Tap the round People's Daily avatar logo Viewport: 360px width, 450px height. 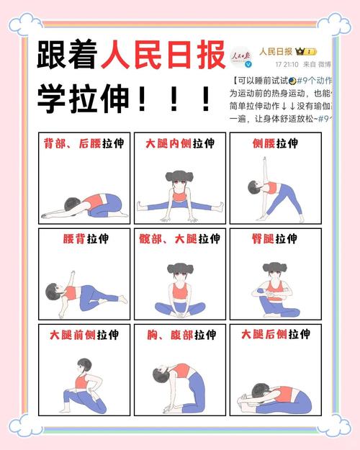pos(240,57)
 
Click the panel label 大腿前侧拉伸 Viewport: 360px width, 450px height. pos(84,336)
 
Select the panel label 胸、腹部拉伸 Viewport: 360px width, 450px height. pos(179,336)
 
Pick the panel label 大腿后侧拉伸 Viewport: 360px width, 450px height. pos(275,336)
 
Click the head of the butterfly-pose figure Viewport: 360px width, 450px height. pos(179,271)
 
